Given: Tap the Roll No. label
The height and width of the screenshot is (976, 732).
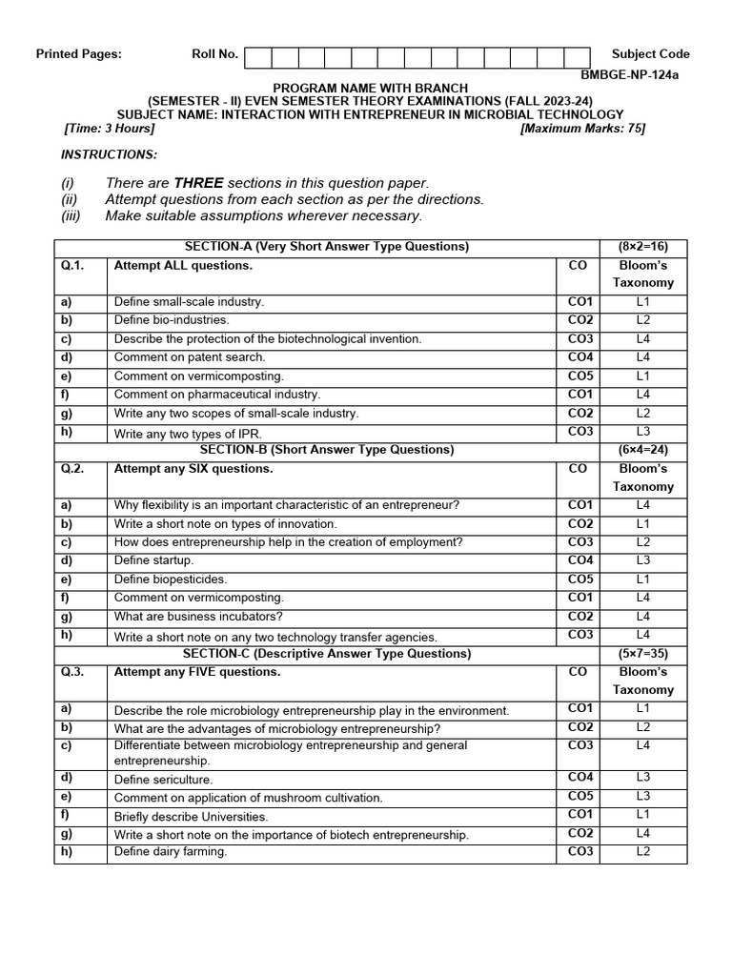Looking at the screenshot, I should click(214, 54).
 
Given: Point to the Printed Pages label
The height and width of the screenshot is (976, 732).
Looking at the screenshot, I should click(79, 54).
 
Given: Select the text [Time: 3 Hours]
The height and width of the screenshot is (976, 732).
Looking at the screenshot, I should click(109, 129).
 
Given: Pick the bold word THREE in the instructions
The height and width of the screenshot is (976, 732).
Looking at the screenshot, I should click(198, 183).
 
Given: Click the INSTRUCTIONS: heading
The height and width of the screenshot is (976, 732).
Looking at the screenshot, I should click(110, 154).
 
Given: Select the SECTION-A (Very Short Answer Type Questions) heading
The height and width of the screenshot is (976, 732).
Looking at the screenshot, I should click(327, 247).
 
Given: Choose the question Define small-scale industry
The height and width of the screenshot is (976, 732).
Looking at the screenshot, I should click(189, 302).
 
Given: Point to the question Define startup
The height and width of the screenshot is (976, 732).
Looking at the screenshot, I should click(153, 560).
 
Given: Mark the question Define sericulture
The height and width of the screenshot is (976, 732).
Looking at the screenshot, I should click(163, 780).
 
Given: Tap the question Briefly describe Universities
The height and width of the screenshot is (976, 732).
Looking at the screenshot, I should click(191, 817).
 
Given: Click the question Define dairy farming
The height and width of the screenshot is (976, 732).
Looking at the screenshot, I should click(171, 852).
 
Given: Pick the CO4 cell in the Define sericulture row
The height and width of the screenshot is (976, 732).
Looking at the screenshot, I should click(579, 778).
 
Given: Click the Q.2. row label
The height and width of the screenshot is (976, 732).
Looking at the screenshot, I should click(72, 469).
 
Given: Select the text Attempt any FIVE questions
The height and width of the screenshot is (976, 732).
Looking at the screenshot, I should click(197, 672).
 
